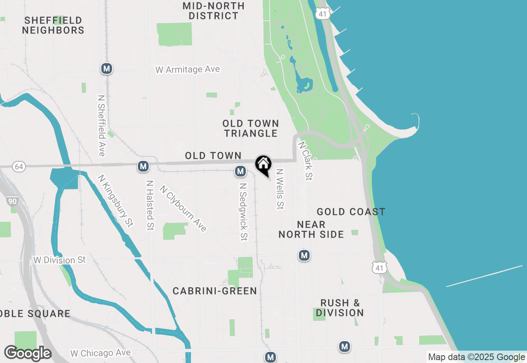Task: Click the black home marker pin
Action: pyautogui.click(x=263, y=165)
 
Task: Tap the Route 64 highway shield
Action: pyautogui.click(x=18, y=167)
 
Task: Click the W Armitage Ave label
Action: pyautogui.click(x=188, y=69)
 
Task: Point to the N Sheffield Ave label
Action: pyautogui.click(x=101, y=126)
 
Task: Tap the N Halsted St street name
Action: pyautogui.click(x=150, y=205)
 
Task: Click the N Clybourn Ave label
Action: pyautogui.click(x=183, y=208)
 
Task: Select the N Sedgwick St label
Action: pyautogui.click(x=243, y=212)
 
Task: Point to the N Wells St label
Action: pyautogui.click(x=280, y=189)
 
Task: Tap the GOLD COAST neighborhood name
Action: pyautogui.click(x=351, y=212)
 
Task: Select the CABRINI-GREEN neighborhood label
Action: pyautogui.click(x=215, y=291)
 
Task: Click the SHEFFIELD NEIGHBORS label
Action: pyautogui.click(x=53, y=25)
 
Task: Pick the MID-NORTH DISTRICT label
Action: pyautogui.click(x=213, y=11)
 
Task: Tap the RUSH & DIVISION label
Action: pyautogui.click(x=340, y=308)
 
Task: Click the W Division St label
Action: pyautogui.click(x=60, y=260)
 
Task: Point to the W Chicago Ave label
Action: pyautogui.click(x=100, y=353)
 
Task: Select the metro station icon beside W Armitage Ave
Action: pyautogui.click(x=107, y=68)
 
